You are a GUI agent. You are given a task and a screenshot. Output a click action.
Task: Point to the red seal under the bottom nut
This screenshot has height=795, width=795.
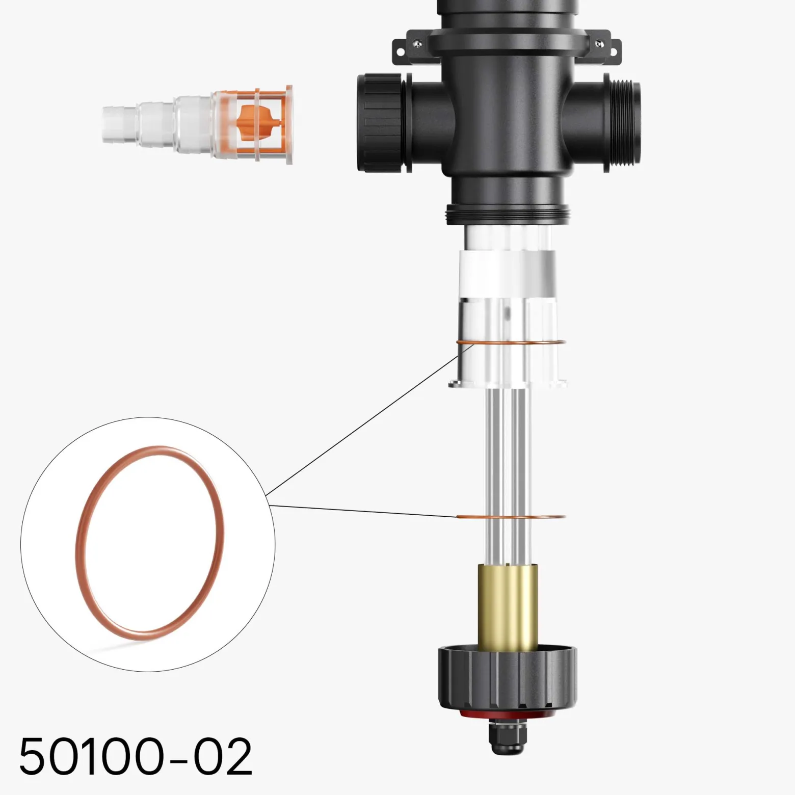[508, 714]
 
